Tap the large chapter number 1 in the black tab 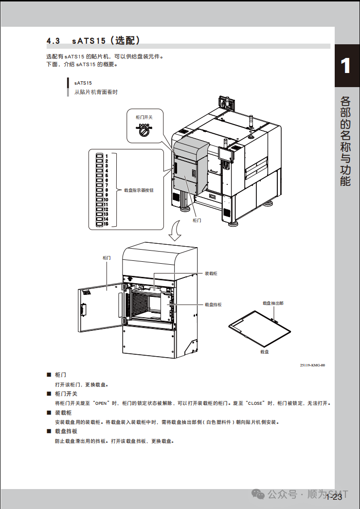[x=346, y=66]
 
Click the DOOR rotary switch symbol [x=144, y=130]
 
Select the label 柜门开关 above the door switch [x=144, y=117]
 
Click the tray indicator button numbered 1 [x=100, y=156]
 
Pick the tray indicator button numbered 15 [x=100, y=224]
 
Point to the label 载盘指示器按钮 [x=139, y=190]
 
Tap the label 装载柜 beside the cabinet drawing [x=211, y=274]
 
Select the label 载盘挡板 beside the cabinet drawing [x=213, y=305]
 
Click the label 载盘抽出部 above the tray [x=273, y=303]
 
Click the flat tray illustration [x=260, y=327]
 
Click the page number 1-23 [x=334, y=497]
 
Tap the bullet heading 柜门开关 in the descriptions [x=66, y=394]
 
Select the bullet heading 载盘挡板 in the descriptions [x=66, y=432]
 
